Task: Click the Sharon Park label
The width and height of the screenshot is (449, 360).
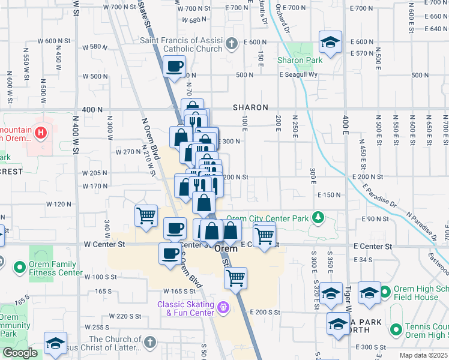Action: point(300,60)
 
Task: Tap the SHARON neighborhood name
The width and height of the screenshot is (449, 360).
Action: point(250,108)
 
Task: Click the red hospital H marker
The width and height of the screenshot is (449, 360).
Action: point(41,132)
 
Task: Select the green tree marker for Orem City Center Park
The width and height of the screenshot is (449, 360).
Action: point(321,217)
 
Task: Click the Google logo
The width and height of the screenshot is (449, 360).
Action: point(20,353)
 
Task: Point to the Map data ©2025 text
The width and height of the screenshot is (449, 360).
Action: point(424,355)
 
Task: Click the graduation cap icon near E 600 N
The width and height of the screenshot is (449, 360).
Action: point(330,42)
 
